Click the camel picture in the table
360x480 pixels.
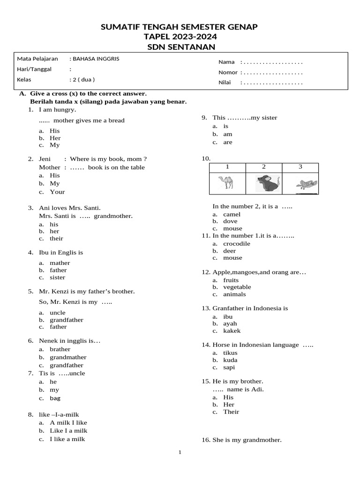tap(226, 182)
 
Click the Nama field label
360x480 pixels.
tap(226, 62)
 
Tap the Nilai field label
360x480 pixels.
tap(226, 82)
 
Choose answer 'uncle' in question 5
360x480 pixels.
tap(58, 312)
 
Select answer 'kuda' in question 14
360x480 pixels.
tap(230, 360)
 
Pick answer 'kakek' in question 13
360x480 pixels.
tap(232, 330)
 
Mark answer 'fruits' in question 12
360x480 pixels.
tap(231, 280)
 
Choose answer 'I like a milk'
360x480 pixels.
tap(68, 439)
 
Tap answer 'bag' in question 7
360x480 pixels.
tap(55, 398)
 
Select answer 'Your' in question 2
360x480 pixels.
tap(57, 192)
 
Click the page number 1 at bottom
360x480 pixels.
tap(180, 452)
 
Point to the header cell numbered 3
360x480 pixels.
tap(300, 166)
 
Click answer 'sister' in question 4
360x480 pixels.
tap(58, 277)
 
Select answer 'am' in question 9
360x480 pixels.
tap(227, 134)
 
